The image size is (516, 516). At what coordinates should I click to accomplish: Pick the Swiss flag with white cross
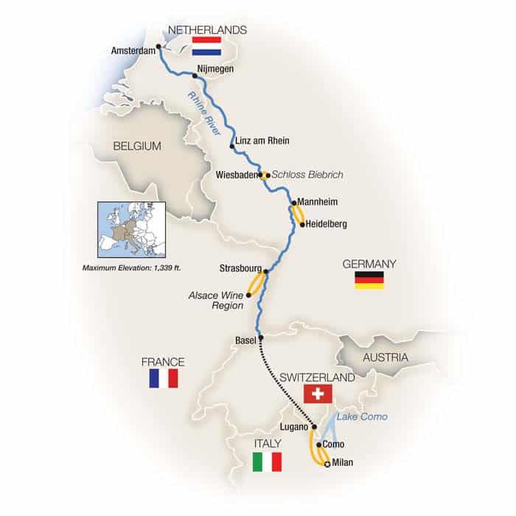[317, 395]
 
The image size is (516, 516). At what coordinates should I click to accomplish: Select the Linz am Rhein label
[262, 140]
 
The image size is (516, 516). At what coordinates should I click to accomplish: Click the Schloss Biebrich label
[307, 175]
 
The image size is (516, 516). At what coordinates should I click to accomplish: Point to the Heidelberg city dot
[301, 224]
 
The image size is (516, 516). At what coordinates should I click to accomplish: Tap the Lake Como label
[362, 417]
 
